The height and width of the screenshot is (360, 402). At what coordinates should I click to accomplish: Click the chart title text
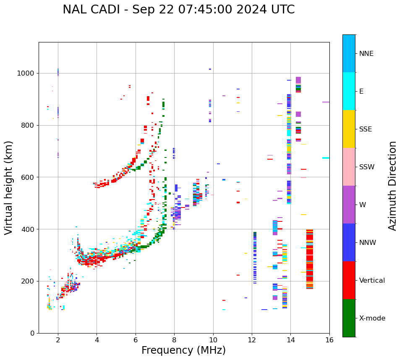(178, 10)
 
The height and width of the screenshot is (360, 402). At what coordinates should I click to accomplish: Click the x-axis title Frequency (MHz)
(183, 350)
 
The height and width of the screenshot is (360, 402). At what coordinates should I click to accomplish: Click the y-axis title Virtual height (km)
(9, 188)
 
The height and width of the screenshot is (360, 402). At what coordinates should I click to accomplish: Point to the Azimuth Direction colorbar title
(392, 186)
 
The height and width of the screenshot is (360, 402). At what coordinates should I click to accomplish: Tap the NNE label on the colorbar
(366, 54)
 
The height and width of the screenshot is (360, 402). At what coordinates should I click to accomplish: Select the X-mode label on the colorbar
(372, 318)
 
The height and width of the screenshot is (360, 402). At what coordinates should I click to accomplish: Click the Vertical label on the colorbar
(372, 281)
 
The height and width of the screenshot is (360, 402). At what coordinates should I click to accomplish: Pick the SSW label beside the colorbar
(366, 167)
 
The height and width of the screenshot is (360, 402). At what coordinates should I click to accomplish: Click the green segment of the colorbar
(349, 318)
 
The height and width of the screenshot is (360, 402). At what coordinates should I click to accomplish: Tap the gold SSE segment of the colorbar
(349, 129)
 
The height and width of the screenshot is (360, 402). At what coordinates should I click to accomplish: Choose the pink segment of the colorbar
(349, 167)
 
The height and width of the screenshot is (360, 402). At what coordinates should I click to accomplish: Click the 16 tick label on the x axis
(329, 340)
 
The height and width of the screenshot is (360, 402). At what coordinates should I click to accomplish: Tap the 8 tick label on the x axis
(174, 340)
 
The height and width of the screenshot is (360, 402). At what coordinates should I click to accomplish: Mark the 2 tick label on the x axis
(58, 340)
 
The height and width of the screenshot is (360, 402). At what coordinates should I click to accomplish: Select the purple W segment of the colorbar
(349, 205)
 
